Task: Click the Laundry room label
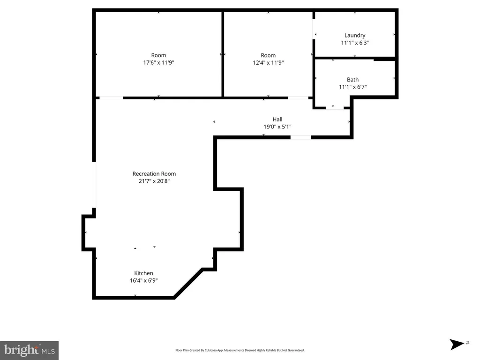click(355, 36)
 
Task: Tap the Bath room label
click(352, 80)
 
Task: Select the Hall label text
click(277, 120)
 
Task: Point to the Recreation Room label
click(154, 173)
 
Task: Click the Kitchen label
click(143, 273)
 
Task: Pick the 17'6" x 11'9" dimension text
click(158, 62)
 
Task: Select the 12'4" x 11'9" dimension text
click(268, 62)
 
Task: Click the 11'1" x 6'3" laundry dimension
click(355, 43)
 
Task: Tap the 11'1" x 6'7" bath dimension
click(352, 87)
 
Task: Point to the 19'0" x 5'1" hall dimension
click(277, 127)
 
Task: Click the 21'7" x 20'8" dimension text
click(154, 181)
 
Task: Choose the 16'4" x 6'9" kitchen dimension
click(143, 280)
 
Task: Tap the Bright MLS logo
click(29, 350)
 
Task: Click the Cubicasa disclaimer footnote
click(240, 350)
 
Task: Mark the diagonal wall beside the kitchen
click(188, 283)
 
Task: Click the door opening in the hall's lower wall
click(300, 137)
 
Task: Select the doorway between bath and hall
click(335, 108)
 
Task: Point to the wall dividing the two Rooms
click(223, 54)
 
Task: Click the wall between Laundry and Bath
click(355, 58)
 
